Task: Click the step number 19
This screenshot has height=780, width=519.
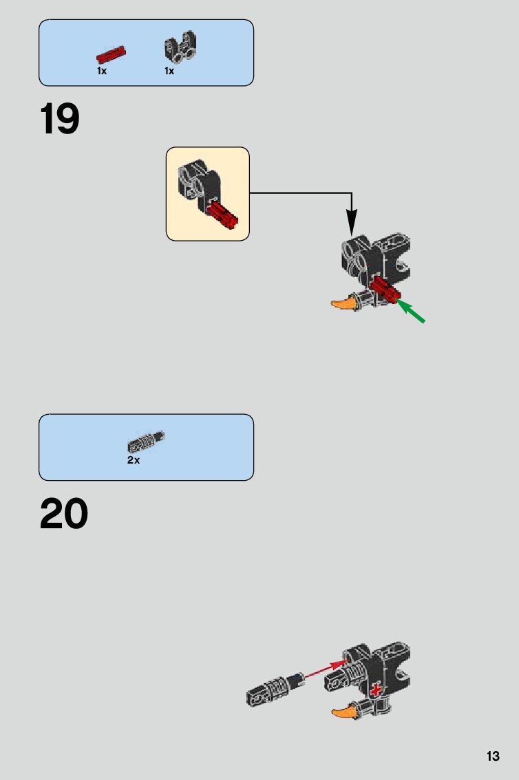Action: [x=60, y=119]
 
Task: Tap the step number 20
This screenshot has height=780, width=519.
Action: [x=64, y=514]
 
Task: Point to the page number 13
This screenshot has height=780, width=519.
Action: [x=493, y=756]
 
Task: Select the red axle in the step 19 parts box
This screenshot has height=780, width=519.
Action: [x=111, y=54]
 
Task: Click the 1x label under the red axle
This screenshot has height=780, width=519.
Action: [x=102, y=71]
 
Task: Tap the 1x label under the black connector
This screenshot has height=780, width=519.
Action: [x=169, y=71]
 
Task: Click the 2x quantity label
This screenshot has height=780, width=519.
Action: [x=134, y=460]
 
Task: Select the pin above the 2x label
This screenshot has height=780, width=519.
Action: [x=146, y=441]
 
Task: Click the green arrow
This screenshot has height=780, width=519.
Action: [x=412, y=312]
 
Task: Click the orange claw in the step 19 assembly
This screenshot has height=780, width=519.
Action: [x=344, y=303]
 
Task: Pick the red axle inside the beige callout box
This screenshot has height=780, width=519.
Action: [x=222, y=215]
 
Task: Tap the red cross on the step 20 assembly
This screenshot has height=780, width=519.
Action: [x=376, y=690]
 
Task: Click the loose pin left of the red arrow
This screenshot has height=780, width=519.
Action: [x=275, y=689]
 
